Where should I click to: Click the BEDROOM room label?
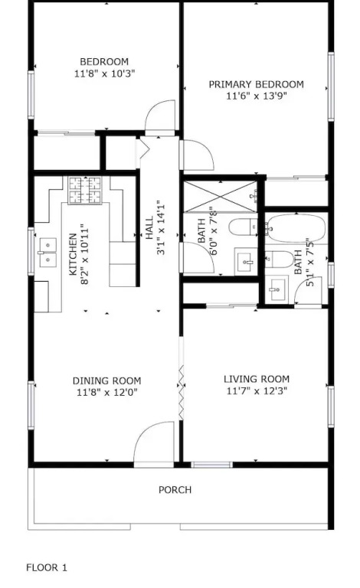pyautogui.click(x=104, y=61)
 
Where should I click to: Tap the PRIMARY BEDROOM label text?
pyautogui.click(x=256, y=84)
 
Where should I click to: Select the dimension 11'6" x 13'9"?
pyautogui.click(x=257, y=96)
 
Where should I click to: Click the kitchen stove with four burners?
pyautogui.click(x=85, y=191)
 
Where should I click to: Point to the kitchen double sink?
pyautogui.click(x=47, y=253)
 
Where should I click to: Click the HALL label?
pyautogui.click(x=149, y=227)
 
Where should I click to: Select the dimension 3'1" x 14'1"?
pyautogui.click(x=161, y=227)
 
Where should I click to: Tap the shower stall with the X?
pyautogui.click(x=221, y=196)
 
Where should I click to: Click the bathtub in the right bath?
pyautogui.click(x=296, y=228)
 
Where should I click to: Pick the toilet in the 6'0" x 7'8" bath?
pyautogui.click(x=243, y=227)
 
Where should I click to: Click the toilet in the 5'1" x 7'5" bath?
pyautogui.click(x=280, y=259)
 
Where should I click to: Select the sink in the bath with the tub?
pyautogui.click(x=277, y=289)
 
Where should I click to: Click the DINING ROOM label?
pyautogui.click(x=107, y=381)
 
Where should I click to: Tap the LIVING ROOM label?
pyautogui.click(x=257, y=379)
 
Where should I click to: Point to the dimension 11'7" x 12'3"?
pyautogui.click(x=257, y=391)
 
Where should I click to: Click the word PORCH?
pyautogui.click(x=175, y=490)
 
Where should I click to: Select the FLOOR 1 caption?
pyautogui.click(x=47, y=568)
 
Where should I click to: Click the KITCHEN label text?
pyautogui.click(x=74, y=254)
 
